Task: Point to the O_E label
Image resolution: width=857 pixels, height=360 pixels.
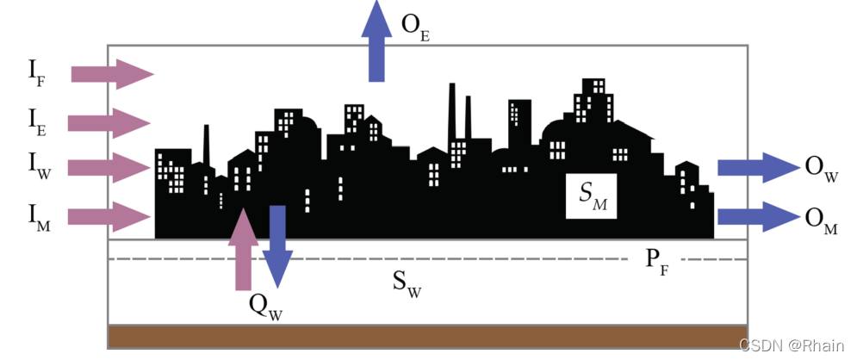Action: click(x=416, y=27)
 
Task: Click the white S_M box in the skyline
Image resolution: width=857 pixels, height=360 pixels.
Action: click(x=591, y=196)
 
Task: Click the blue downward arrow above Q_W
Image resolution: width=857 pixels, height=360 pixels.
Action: click(x=277, y=245)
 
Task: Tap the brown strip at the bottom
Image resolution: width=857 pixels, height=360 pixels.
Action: click(x=426, y=336)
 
